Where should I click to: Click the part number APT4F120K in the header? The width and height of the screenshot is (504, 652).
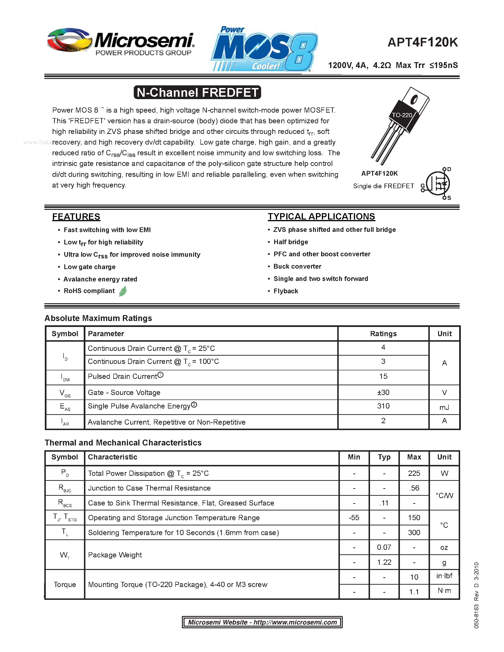pos(422,42)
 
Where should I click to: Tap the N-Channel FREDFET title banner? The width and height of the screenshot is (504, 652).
pos(197,92)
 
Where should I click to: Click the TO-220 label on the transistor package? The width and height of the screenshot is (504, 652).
pos(402,115)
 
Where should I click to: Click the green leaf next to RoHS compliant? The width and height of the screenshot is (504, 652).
pos(123,291)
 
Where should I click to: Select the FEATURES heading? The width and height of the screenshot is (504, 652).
pos(76,216)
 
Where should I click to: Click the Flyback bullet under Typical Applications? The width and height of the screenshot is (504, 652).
pos(286,291)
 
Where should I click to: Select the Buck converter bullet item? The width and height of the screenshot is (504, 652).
pos(297,266)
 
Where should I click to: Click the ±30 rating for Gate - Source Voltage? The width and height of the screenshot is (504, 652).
pos(383,392)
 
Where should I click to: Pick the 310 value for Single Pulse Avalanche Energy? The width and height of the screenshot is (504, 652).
pos(383,406)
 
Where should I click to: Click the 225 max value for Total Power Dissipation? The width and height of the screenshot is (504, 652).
pos(414,473)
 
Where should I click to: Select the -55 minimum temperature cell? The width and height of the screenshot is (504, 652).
pos(354,518)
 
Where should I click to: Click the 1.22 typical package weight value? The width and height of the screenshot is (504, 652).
pos(384,562)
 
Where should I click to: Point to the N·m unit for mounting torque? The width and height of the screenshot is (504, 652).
pos(444,591)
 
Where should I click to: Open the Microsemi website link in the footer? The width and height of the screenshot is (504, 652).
pos(262,622)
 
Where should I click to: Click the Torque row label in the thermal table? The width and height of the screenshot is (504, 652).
pos(65,584)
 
